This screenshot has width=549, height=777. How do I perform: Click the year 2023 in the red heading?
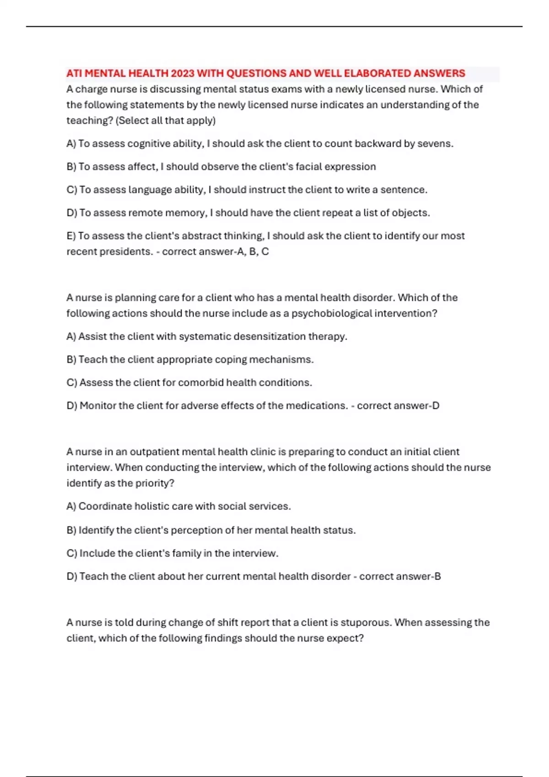183,74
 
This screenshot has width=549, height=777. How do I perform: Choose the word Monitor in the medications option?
98,406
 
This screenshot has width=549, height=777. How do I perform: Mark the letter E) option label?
71,236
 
